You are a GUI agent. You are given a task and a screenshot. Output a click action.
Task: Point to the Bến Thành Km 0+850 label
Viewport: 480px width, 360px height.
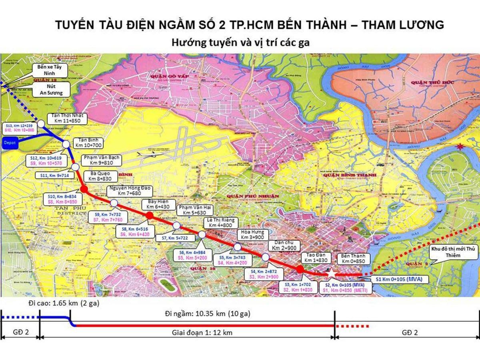point(351,258)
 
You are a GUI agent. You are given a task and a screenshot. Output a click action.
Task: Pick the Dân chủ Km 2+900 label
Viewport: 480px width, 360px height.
point(284,246)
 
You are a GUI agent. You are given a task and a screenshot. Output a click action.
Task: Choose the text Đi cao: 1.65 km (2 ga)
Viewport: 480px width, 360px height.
point(64,304)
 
